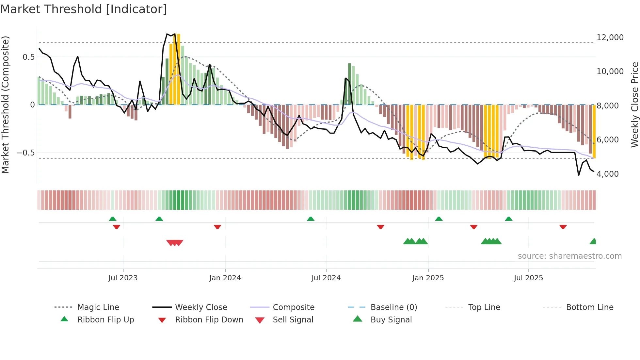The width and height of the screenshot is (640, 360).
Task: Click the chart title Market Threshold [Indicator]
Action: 84,9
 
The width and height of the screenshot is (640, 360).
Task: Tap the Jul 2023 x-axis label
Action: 123,278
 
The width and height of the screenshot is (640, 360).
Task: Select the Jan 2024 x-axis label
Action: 225,278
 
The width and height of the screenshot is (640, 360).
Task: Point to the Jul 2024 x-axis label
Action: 326,278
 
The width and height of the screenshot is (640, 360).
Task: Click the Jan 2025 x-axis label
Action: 428,278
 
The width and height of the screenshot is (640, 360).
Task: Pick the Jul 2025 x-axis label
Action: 528,278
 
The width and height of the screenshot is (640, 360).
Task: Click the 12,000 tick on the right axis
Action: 610,37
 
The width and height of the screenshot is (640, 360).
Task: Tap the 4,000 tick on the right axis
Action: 607,174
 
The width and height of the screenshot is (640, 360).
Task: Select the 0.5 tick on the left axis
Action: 28,57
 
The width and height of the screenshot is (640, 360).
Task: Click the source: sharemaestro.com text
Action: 569,256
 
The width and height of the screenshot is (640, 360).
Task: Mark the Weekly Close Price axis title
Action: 634,105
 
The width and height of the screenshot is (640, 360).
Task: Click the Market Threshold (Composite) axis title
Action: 5,105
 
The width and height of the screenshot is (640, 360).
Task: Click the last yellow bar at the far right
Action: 594,131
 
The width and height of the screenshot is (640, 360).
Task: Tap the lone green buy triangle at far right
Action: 593,241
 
